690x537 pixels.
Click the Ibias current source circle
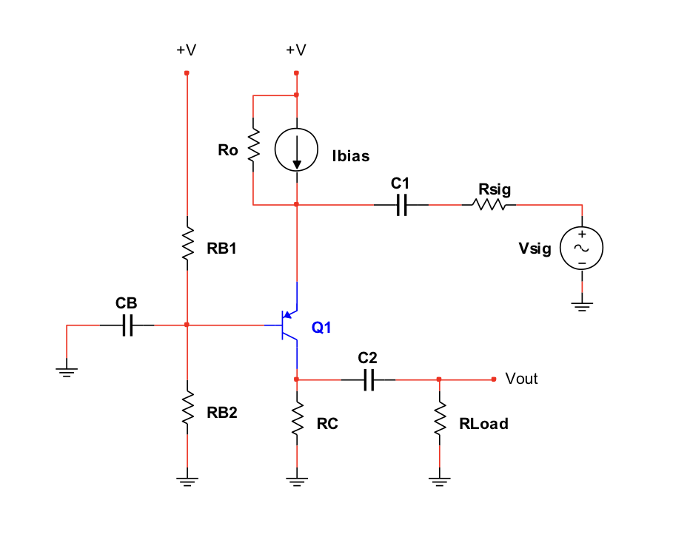[x=296, y=150]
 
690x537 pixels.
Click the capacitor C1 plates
[x=402, y=205]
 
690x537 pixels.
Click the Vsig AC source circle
[x=582, y=248]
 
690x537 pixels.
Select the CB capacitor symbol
[x=127, y=325]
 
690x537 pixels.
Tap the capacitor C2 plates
[x=369, y=379]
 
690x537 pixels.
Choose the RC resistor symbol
[x=296, y=418]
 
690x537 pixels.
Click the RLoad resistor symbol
[x=440, y=419]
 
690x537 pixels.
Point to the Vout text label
[x=521, y=379]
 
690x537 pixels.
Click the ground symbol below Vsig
[x=582, y=305]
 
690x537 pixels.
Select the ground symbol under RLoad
[x=440, y=482]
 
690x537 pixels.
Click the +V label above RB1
[x=186, y=50]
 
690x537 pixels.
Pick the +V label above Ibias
[x=295, y=50]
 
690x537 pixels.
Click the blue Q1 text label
[x=321, y=328]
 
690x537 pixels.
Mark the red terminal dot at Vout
[x=494, y=379]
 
